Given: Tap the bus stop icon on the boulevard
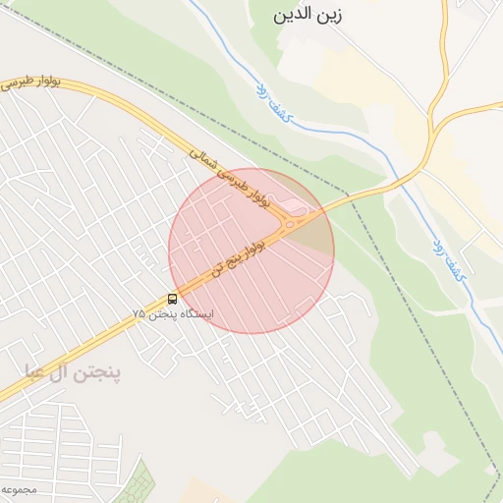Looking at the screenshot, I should pyautogui.click(x=173, y=299).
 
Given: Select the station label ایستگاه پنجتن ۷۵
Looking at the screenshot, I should pyautogui.click(x=172, y=314).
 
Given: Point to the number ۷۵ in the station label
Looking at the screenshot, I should pyautogui.click(x=140, y=314).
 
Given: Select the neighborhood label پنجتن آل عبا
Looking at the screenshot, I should pyautogui.click(x=74, y=372).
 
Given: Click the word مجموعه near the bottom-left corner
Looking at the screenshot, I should pyautogui.click(x=17, y=488).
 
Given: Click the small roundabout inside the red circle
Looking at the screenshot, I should pyautogui.click(x=292, y=224).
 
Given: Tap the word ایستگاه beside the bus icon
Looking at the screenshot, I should pyautogui.click(x=196, y=314).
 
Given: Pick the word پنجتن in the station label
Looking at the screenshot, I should pyautogui.click(x=162, y=314).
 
